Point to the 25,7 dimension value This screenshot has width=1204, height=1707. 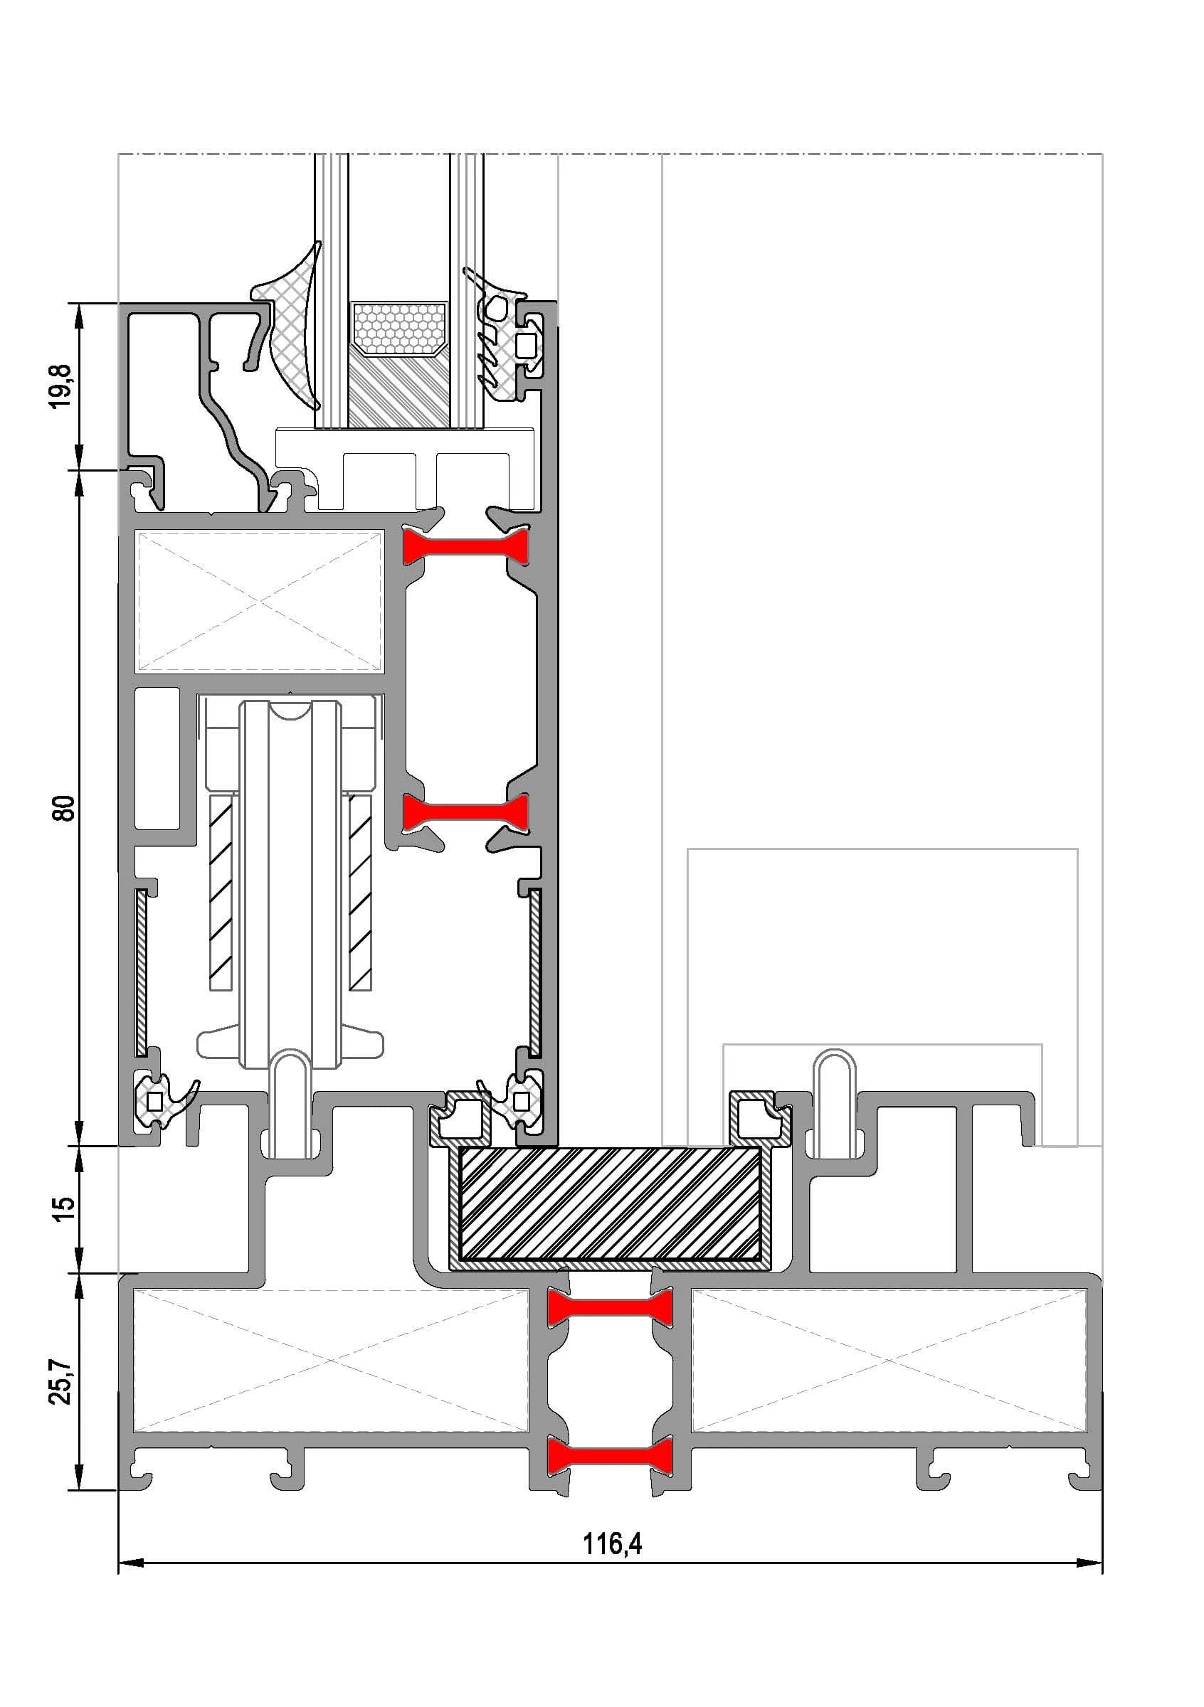(x=65, y=1381)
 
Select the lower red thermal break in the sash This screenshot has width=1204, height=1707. (x=465, y=812)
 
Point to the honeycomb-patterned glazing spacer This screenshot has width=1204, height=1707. (x=399, y=328)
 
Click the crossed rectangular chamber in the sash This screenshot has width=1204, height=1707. (x=258, y=601)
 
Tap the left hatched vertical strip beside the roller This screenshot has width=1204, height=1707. (x=221, y=893)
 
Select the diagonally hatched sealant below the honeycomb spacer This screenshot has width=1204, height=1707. (x=399, y=390)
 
